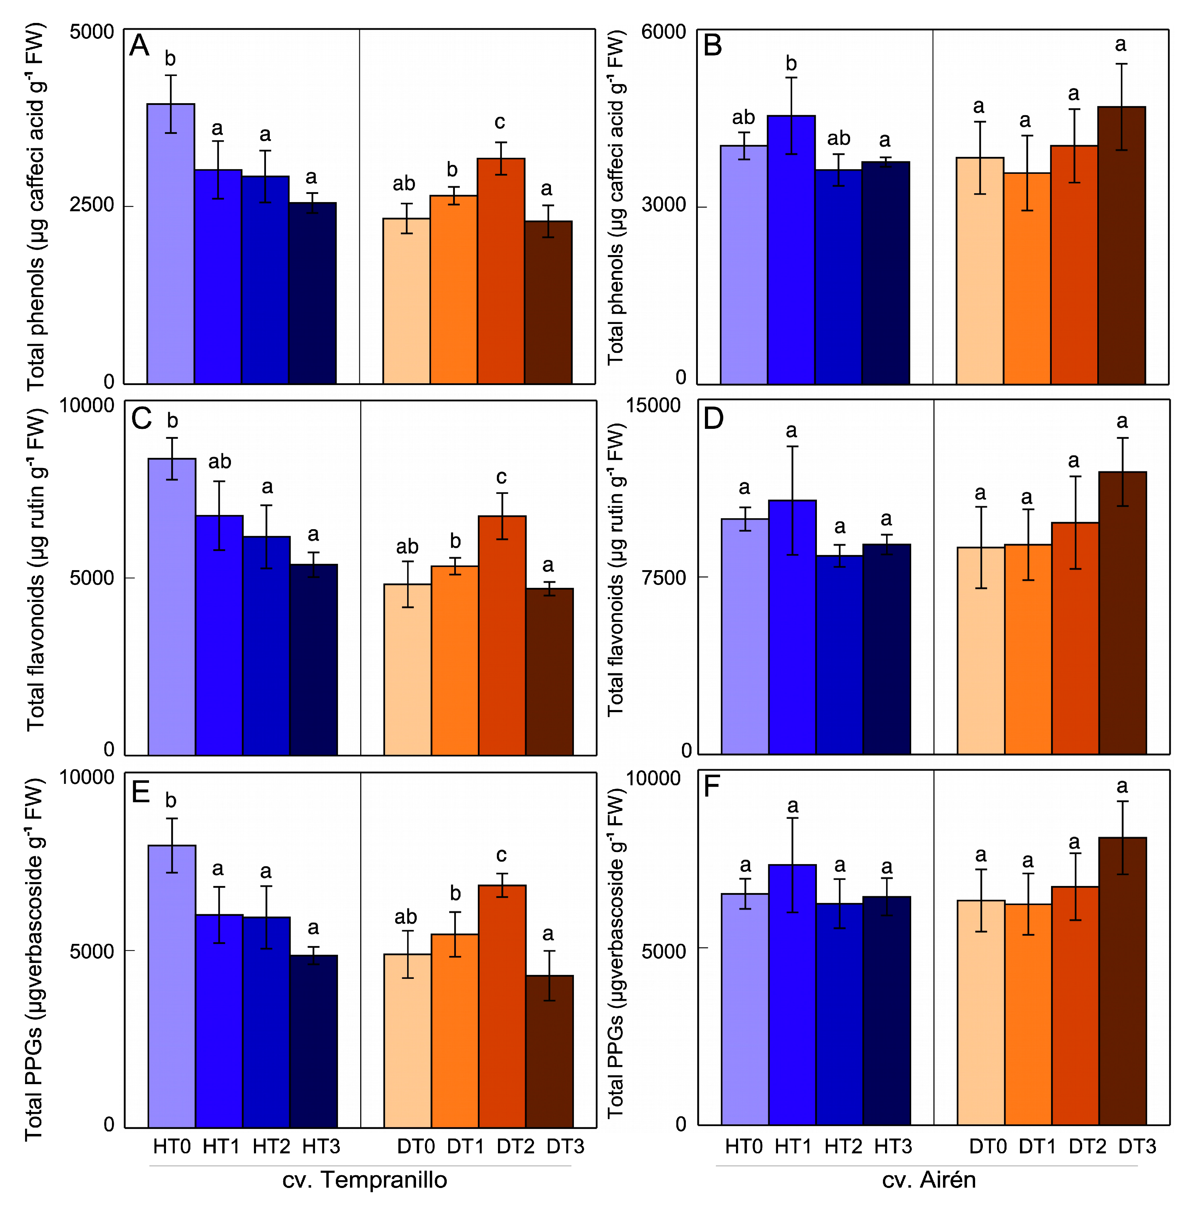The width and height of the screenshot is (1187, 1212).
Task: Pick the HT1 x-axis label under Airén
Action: click(x=793, y=1146)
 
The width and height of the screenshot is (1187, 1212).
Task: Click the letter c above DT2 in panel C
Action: click(x=501, y=477)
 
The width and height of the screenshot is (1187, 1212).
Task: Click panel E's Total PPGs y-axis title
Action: click(x=34, y=960)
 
